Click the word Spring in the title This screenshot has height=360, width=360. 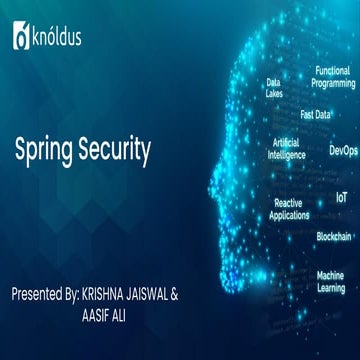pos(46,152)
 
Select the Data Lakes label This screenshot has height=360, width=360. pos(273,88)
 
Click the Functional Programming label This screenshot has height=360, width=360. pos(333,78)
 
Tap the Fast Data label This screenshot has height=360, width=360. pos(315,114)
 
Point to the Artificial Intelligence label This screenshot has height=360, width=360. pos(285,148)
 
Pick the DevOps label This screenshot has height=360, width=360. pos(342,151)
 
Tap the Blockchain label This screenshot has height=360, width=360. pos(333,236)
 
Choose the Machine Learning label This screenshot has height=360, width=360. pos(331,280)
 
